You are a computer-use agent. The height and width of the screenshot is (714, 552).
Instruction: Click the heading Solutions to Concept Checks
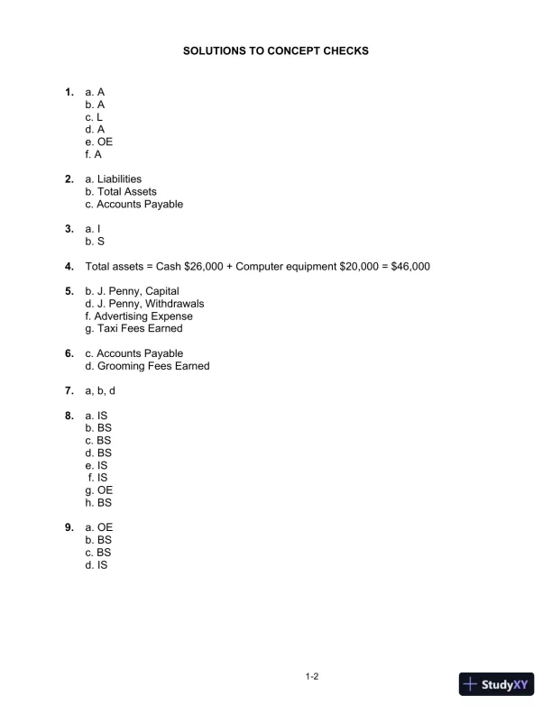[275, 52]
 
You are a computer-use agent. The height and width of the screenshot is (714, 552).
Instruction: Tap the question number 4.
[69, 267]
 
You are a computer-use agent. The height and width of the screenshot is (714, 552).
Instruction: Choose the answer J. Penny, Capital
[132, 291]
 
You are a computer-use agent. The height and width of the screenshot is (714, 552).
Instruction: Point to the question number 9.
[69, 527]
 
